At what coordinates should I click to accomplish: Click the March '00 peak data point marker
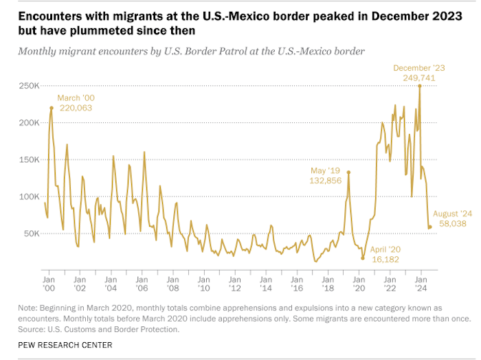52,108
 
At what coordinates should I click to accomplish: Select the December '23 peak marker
420,86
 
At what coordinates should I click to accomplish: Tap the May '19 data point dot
348,172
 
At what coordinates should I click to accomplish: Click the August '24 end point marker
430,227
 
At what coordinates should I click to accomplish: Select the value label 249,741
419,78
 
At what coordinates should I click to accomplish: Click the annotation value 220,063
74,108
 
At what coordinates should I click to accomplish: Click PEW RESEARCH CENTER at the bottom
65,345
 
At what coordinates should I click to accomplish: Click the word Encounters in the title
48,14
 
